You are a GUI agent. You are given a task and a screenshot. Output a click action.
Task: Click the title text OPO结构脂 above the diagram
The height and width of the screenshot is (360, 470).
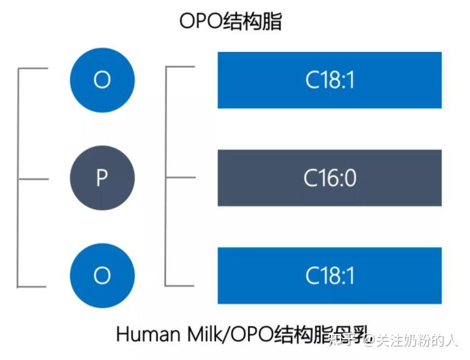tap(231, 21)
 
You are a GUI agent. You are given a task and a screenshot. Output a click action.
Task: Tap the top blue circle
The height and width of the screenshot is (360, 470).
tap(102, 80)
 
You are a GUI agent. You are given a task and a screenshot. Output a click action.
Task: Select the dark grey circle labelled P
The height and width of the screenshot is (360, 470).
tap(102, 178)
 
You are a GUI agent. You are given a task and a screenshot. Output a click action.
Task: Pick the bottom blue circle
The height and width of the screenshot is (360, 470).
tap(102, 275)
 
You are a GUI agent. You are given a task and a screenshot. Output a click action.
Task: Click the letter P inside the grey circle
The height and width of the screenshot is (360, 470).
tap(102, 178)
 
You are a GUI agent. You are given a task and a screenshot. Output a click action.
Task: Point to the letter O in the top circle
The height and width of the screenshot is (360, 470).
tap(102, 80)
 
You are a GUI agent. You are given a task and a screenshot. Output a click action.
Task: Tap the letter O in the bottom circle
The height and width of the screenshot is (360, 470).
tap(102, 275)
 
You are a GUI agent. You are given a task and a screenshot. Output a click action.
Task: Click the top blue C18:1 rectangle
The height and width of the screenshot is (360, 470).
tap(330, 80)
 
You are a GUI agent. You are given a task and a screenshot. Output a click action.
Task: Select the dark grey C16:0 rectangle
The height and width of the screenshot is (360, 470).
tap(330, 178)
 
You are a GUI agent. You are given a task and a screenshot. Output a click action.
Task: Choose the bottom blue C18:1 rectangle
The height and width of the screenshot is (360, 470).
tap(330, 275)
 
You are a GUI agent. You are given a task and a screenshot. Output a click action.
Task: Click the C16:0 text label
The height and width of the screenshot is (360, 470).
tap(330, 178)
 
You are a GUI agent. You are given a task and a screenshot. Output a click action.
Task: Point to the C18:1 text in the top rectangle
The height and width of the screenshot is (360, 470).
tap(330, 81)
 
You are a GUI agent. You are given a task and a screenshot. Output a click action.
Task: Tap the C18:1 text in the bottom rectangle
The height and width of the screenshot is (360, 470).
tap(330, 276)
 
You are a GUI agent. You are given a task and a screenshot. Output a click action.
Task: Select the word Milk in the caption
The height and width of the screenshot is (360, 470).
tap(195, 334)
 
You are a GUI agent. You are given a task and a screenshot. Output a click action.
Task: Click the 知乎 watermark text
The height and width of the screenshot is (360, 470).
tap(349, 340)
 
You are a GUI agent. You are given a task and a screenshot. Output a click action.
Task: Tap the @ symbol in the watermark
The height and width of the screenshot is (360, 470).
tap(369, 341)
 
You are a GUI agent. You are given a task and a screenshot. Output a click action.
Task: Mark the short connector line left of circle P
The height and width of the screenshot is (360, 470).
tap(33, 178)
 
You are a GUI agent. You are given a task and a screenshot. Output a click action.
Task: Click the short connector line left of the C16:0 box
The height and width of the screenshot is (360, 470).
tap(180, 177)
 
